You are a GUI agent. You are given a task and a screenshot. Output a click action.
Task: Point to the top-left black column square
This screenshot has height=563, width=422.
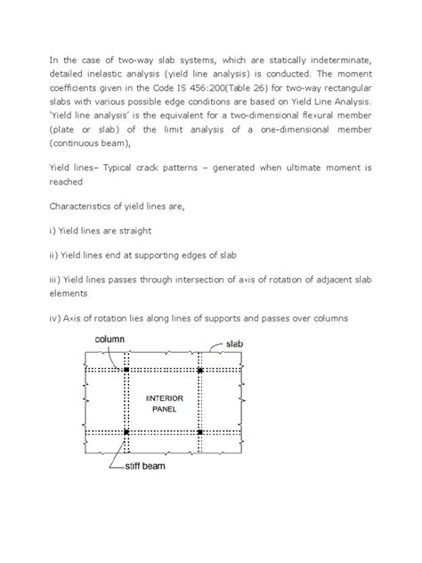(x=126, y=369)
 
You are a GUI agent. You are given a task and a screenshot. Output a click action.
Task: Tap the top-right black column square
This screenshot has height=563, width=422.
(x=200, y=369)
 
